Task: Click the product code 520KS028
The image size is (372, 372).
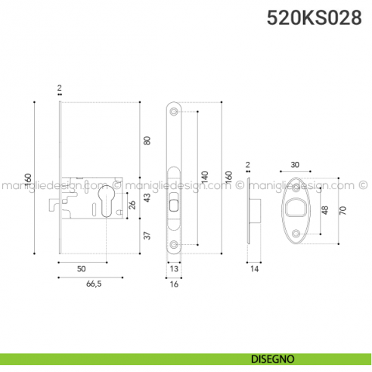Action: [314, 19]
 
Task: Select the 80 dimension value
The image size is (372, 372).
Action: [148, 140]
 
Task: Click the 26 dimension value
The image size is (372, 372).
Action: [134, 204]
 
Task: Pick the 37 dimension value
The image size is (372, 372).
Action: [148, 235]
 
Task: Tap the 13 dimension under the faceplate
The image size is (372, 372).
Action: [174, 268]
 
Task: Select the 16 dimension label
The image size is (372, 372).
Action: [174, 285]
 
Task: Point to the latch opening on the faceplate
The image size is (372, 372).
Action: [174, 203]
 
